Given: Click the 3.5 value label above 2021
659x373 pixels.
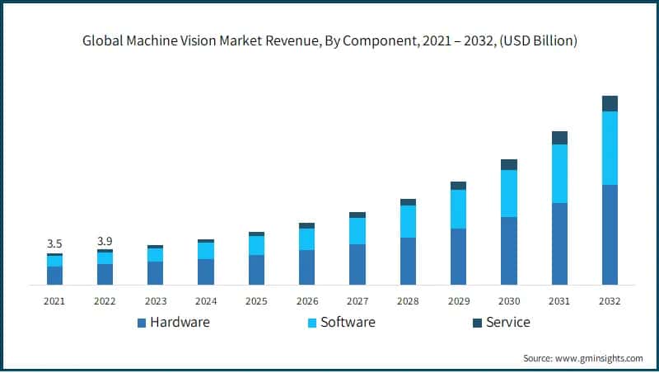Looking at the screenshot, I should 54,243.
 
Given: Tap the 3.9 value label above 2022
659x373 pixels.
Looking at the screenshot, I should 105,241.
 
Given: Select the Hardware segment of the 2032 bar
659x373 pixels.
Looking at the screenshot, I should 610,234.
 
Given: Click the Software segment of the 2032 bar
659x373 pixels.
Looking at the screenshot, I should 610,148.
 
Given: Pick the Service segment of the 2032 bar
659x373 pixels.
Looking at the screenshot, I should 610,103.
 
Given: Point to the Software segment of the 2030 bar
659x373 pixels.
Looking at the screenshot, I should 509,193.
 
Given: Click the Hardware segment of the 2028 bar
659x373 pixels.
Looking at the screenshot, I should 408,261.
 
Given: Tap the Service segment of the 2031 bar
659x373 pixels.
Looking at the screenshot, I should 559,138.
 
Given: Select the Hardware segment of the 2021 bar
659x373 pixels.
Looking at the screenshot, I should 54,276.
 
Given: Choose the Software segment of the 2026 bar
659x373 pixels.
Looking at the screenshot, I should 306,238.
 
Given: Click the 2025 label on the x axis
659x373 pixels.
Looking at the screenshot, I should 256,301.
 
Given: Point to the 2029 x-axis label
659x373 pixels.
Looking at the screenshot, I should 458,301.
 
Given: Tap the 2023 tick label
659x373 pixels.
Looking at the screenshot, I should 155,301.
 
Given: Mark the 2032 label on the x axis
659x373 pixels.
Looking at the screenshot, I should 610,301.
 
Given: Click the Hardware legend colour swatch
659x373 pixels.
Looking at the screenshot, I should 141,323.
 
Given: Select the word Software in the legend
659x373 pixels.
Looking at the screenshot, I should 348,322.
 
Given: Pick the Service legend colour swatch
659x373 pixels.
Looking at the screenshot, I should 476,323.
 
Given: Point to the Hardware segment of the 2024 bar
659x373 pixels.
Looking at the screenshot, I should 206,271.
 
